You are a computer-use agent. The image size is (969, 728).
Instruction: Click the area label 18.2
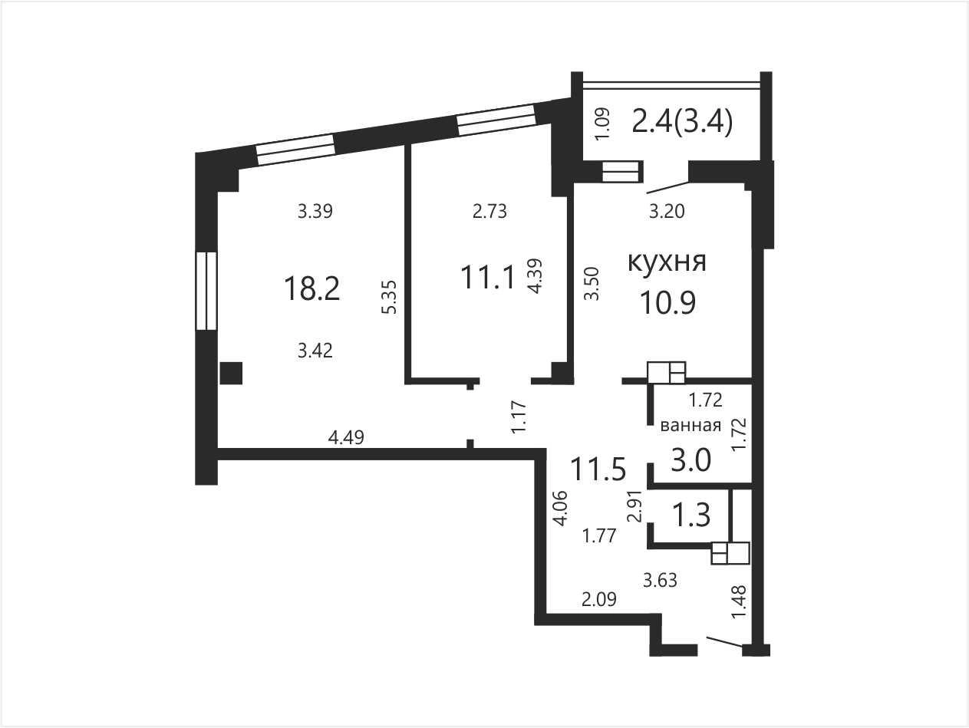tap(312, 288)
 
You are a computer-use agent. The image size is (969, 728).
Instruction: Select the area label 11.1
tap(488, 278)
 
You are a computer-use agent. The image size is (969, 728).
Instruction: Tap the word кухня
tap(667, 262)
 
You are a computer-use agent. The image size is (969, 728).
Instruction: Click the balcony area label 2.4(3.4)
tap(682, 121)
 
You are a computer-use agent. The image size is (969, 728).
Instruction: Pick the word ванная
tap(690, 426)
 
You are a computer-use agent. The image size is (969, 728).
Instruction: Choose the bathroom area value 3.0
tap(690, 460)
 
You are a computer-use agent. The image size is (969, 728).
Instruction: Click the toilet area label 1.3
tap(690, 515)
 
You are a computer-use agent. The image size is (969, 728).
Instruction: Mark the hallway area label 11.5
tap(598, 469)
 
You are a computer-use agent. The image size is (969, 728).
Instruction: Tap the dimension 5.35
tap(390, 297)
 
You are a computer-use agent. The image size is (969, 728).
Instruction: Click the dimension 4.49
tap(346, 437)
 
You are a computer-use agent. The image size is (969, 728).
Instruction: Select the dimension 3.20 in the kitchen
tap(667, 211)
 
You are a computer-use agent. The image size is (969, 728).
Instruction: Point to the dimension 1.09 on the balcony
tap(602, 124)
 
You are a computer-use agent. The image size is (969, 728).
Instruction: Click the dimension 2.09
tap(599, 599)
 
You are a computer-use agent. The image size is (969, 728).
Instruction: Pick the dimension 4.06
tap(561, 508)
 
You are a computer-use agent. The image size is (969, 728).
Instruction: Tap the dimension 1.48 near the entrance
tap(739, 602)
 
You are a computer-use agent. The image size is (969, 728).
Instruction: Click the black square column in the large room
tap(231, 374)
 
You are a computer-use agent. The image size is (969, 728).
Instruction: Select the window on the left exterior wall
tap(206, 292)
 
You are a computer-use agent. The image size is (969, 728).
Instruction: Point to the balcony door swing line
tap(667, 187)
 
